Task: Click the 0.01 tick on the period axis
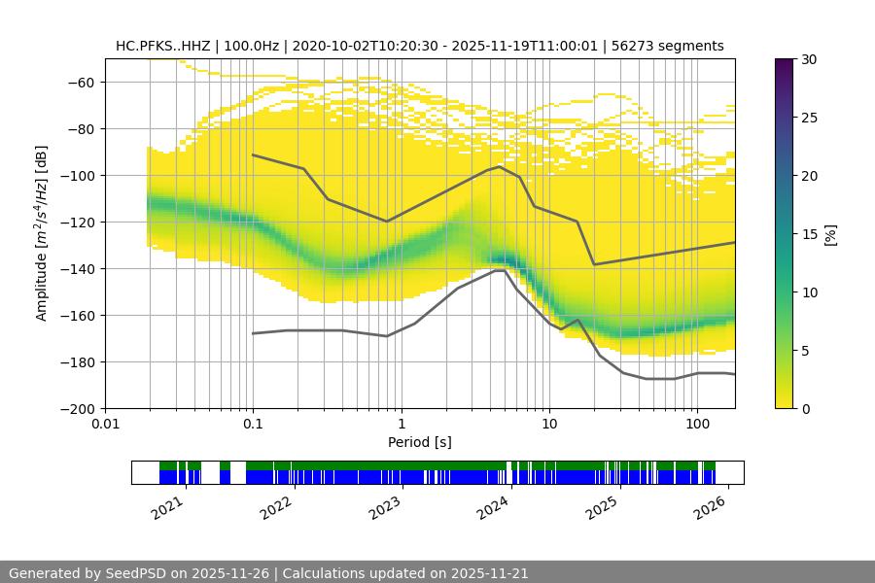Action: tap(105, 425)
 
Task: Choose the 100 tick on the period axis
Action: tap(697, 425)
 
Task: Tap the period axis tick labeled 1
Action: tap(401, 425)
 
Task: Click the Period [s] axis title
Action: tap(420, 442)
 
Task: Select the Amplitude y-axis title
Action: tap(42, 233)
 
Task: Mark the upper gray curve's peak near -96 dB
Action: tap(500, 166)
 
